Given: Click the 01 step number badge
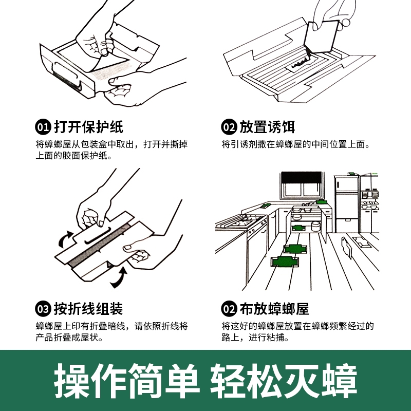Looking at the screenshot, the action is (43, 127).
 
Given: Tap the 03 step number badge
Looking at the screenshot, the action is (43, 309).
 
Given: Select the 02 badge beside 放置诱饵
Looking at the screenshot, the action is (229, 127).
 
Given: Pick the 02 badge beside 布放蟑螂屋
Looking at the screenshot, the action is (229, 309).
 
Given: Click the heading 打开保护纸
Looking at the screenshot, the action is (88, 127).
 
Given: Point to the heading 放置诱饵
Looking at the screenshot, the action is (267, 127).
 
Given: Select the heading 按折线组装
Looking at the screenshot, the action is (88, 309).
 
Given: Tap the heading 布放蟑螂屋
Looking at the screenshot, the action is (274, 309).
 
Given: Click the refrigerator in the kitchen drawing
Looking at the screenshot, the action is (346, 204).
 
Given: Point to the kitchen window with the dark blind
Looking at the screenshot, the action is (302, 185).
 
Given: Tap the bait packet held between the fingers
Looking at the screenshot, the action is (322, 36).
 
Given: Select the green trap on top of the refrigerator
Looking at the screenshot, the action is (352, 174).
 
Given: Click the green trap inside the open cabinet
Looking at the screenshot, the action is (298, 228).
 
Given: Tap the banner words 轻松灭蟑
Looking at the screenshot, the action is (284, 381).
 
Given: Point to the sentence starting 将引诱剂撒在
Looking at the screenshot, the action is (295, 144).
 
